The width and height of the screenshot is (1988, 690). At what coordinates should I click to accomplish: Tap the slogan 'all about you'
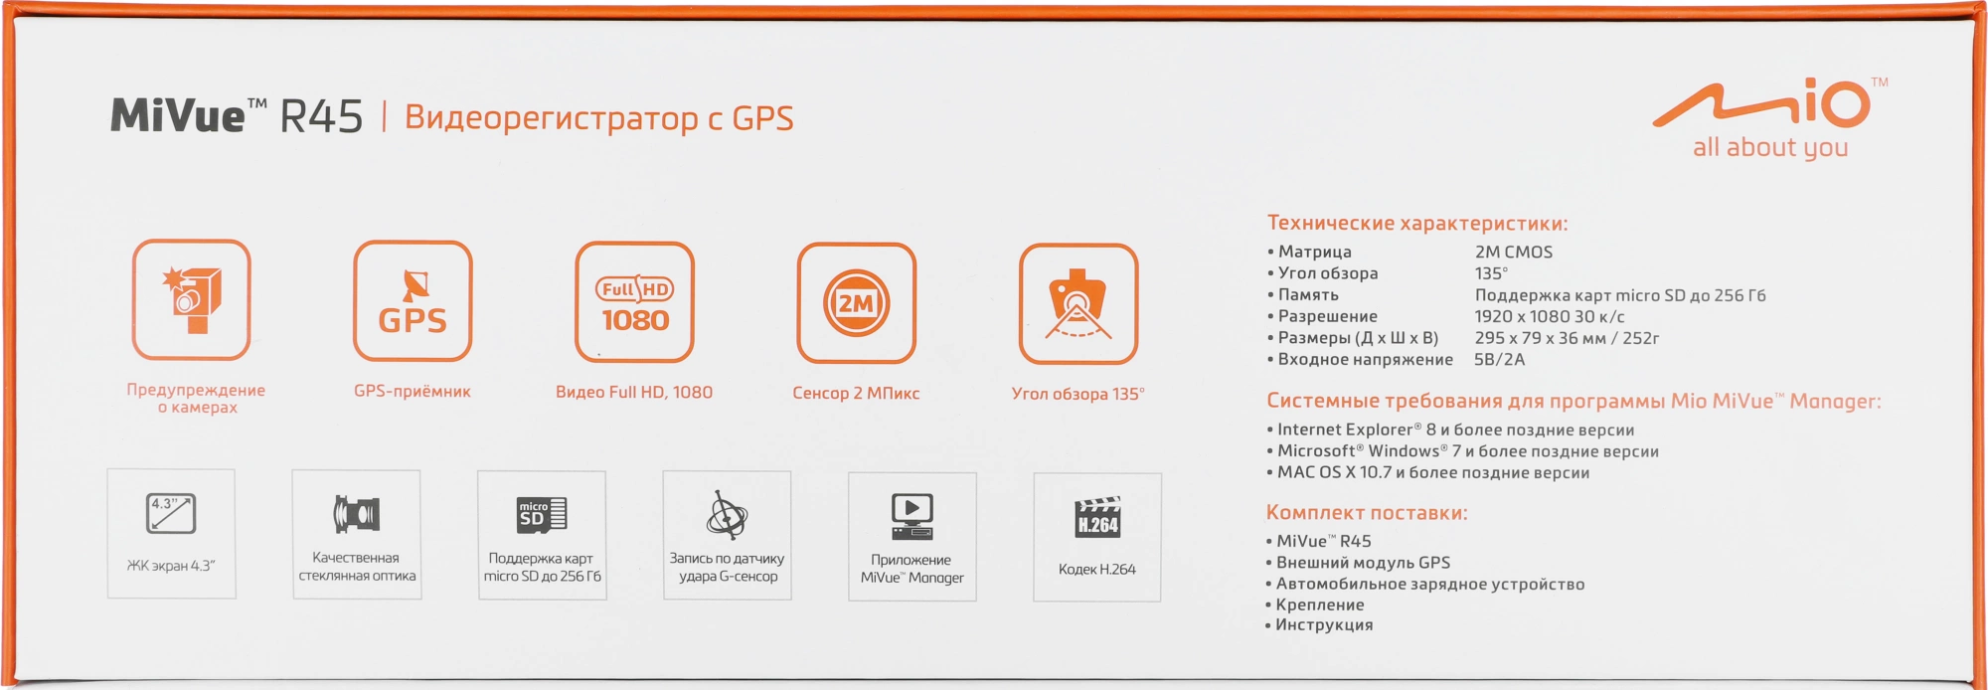click(1770, 148)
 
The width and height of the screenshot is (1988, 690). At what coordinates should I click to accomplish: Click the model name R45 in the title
click(321, 116)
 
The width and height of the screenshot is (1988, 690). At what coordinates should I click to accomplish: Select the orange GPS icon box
click(413, 301)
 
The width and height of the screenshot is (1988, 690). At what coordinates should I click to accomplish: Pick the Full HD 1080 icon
click(634, 302)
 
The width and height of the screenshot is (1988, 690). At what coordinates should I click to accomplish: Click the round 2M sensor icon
click(856, 303)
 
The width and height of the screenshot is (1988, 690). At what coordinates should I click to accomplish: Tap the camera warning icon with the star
click(192, 299)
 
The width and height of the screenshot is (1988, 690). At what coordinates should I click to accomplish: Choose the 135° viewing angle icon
click(1078, 304)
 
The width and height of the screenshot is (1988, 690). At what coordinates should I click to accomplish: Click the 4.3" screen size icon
click(171, 514)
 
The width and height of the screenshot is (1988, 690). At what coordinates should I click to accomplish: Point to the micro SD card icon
click(542, 514)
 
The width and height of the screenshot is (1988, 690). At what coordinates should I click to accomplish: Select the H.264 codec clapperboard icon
click(1098, 517)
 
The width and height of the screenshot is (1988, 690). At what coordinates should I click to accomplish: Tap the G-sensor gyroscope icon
click(727, 514)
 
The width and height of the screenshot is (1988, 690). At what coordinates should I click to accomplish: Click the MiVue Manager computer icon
click(912, 517)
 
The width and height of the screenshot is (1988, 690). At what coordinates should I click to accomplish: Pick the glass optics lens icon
click(357, 514)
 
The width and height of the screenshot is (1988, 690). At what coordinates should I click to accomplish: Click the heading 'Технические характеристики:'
click(1417, 224)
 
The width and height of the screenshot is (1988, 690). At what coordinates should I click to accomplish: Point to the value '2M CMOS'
click(1514, 253)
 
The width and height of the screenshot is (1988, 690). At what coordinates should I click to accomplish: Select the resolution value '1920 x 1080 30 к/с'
click(1550, 317)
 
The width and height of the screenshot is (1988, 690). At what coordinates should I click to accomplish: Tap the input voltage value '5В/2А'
click(1500, 360)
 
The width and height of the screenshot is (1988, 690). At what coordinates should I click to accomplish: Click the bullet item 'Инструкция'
click(1324, 625)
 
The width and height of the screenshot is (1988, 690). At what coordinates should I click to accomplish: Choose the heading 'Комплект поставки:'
click(1367, 513)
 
